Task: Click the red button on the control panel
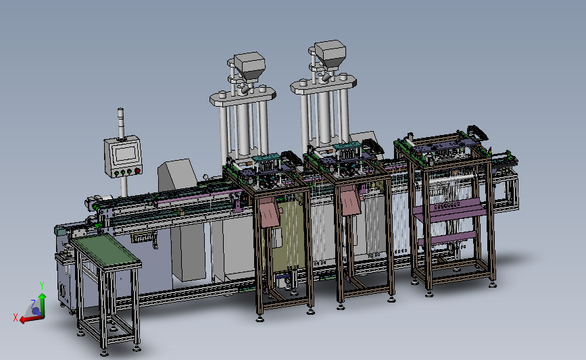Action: point(137,171)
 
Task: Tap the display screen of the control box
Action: point(126,153)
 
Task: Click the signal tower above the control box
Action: point(121,124)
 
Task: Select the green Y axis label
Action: point(42,286)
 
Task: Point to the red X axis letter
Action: point(16,318)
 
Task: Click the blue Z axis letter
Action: point(33,303)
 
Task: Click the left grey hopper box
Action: point(249,68)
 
